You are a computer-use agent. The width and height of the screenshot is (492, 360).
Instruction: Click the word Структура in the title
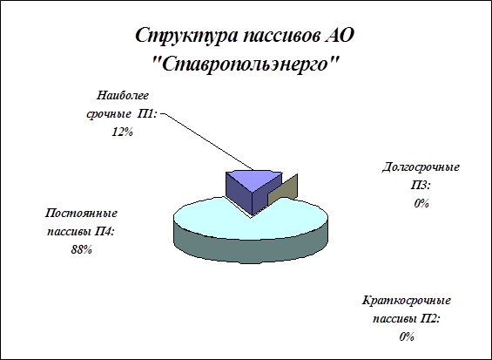[x=186, y=36]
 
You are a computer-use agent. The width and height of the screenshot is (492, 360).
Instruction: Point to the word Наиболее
[x=123, y=96]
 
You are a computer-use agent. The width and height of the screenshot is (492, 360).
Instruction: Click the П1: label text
[x=147, y=114]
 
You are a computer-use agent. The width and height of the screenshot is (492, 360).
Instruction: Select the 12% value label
[x=123, y=132]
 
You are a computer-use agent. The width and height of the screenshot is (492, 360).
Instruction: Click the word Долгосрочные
[x=421, y=167]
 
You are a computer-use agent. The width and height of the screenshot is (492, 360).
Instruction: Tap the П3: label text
[x=421, y=186]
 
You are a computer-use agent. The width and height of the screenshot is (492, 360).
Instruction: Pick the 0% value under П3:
[x=421, y=204]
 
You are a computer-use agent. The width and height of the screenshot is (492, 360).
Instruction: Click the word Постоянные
[x=81, y=214]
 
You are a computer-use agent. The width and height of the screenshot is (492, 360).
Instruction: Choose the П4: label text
[x=104, y=232]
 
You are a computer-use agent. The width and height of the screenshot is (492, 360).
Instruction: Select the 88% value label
[x=81, y=250]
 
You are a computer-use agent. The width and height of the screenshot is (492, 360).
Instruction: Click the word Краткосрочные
[x=407, y=301]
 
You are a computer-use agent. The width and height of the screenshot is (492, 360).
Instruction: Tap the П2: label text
[x=430, y=319]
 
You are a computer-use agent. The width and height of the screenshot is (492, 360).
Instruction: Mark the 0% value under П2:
[x=407, y=337]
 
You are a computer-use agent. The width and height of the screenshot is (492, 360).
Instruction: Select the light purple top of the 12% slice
[x=254, y=180]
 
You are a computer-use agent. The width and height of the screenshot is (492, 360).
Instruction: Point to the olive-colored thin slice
[x=282, y=191]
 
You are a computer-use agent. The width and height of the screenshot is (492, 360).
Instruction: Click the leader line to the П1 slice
[x=209, y=142]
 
